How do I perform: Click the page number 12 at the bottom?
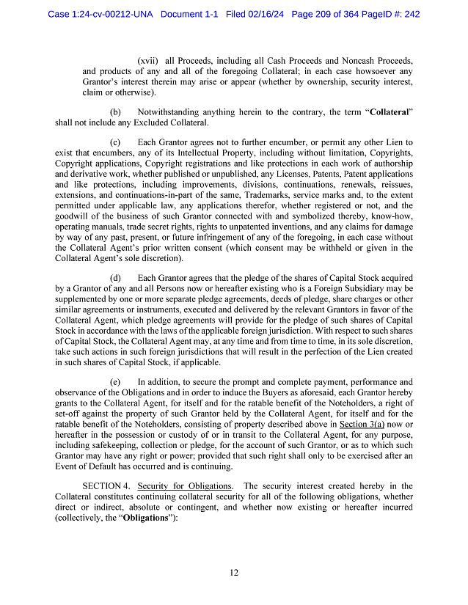coord(233,573)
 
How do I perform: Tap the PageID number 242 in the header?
coord(411,14)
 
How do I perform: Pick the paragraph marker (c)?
coord(115,142)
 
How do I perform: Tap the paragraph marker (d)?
coord(115,278)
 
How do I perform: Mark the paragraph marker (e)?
coord(115,382)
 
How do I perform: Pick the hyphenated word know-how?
coord(392,218)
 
